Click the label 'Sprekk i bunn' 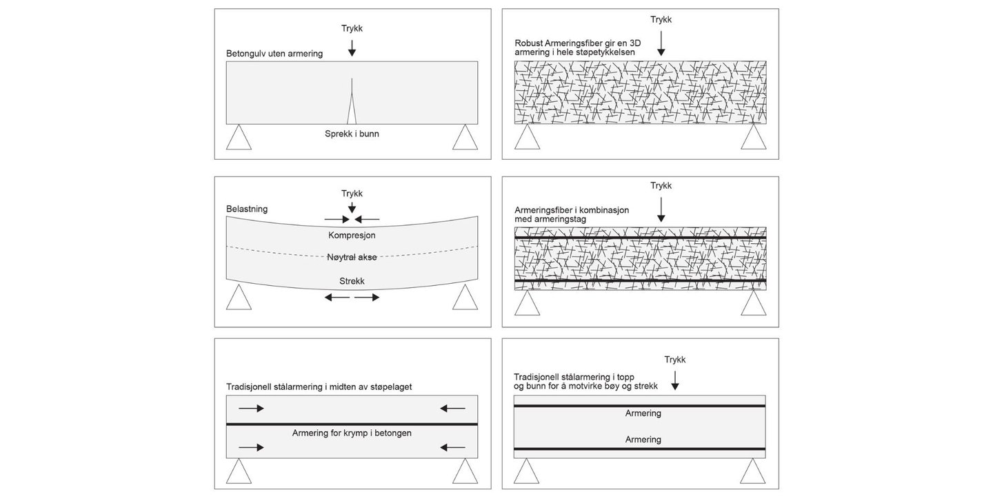352,134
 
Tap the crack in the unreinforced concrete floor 352,107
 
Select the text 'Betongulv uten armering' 274,53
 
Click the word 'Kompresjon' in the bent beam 352,235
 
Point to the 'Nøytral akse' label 352,258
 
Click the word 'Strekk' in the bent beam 352,281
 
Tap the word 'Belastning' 247,208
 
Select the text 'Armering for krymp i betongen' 352,433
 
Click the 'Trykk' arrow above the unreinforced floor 352,48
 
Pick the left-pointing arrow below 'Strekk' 337,298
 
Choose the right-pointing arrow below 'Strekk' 367,298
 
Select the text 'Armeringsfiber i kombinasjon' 572,210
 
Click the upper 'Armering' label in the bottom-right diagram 643,413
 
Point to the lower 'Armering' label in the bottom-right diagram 643,440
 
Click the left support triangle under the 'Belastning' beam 239,298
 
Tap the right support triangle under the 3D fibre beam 753,137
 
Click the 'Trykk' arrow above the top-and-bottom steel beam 675,380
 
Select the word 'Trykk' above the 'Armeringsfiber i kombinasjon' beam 661,185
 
